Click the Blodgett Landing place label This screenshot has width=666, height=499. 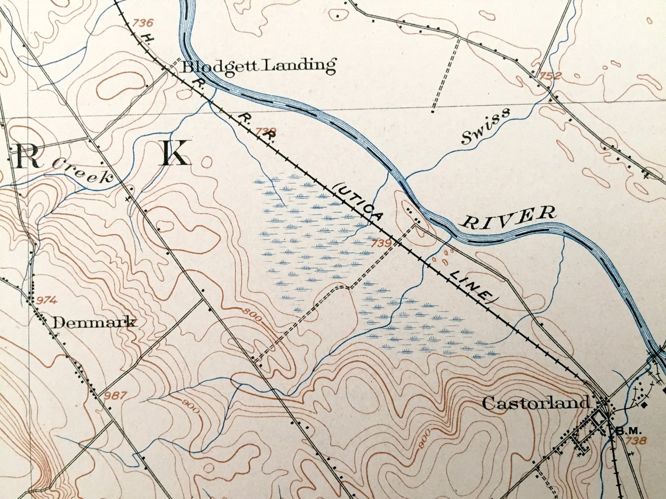(x=259, y=65)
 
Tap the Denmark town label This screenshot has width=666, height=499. (x=94, y=322)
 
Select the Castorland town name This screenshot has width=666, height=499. (x=535, y=403)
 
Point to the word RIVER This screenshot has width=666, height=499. (x=507, y=217)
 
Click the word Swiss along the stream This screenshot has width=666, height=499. (x=484, y=125)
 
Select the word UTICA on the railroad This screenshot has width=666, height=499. (x=360, y=201)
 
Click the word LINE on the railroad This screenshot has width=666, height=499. (x=470, y=286)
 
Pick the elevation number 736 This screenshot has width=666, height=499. (x=143, y=23)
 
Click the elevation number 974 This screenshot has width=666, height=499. (x=47, y=300)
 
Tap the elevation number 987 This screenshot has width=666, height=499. (x=116, y=396)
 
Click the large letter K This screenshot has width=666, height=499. (x=175, y=153)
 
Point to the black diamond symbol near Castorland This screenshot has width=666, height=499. (x=644, y=404)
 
